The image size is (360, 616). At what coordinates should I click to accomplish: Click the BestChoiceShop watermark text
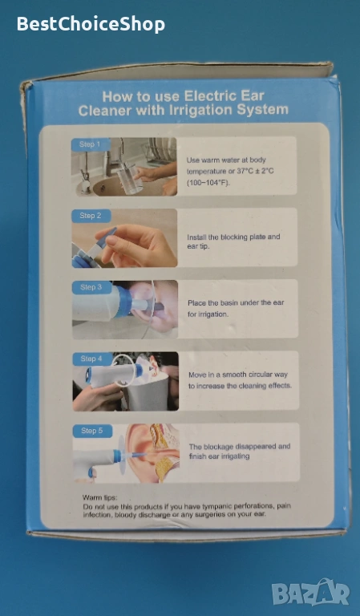91,24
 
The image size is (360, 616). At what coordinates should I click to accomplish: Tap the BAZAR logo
310,593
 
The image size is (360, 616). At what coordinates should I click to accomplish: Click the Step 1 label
90,144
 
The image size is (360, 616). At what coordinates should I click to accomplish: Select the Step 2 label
91,216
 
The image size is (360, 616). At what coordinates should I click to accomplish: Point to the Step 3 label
91,287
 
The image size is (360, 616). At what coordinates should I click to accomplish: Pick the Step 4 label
92,359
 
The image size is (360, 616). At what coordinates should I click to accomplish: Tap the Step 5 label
92,431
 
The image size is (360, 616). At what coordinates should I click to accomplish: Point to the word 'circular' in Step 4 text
260,375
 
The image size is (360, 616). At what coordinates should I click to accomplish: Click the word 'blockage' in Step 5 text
220,447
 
